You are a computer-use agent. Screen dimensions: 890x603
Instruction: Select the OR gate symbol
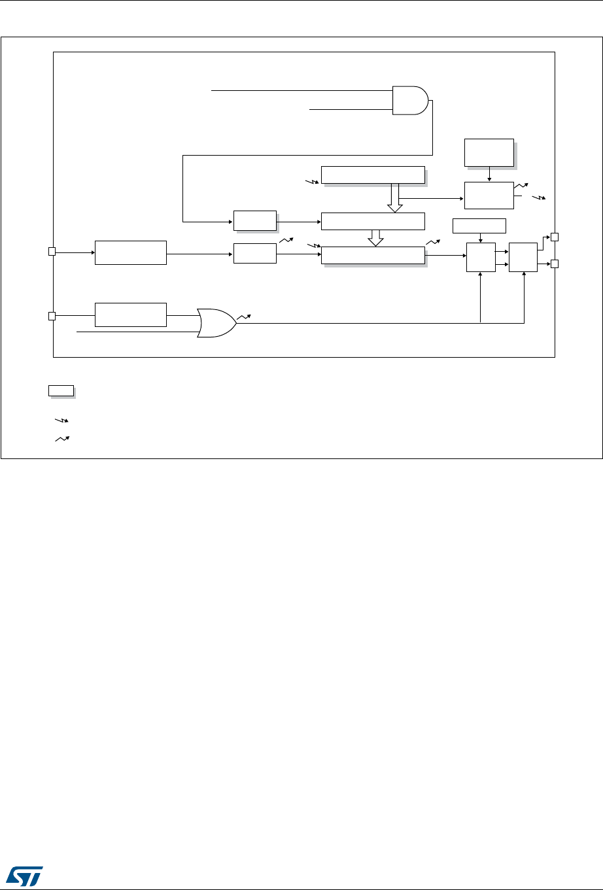pyautogui.click(x=216, y=322)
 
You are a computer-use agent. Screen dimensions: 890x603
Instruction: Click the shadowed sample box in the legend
pyautogui.click(x=60, y=391)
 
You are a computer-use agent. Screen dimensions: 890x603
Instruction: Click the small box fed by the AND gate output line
pyautogui.click(x=255, y=221)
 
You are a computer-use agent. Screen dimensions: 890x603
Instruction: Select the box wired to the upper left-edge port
pyautogui.click(x=131, y=252)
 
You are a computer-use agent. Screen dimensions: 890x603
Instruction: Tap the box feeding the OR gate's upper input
pyautogui.click(x=131, y=315)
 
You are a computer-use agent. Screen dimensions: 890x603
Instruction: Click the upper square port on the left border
pyautogui.click(x=52, y=251)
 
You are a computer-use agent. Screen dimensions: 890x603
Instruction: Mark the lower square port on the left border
pyautogui.click(x=52, y=316)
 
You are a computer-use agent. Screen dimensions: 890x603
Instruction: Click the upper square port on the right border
pyautogui.click(x=555, y=237)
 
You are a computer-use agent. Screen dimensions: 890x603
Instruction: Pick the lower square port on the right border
pyautogui.click(x=555, y=264)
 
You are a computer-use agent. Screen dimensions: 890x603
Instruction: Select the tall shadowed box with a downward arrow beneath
pyautogui.click(x=489, y=152)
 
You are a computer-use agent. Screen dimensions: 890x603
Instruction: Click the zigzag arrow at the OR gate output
pyautogui.click(x=243, y=317)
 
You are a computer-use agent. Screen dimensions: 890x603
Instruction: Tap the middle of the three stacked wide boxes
pyautogui.click(x=373, y=221)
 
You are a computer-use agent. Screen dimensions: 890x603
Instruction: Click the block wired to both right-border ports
pyautogui.click(x=523, y=257)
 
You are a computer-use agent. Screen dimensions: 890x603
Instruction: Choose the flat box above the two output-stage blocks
pyautogui.click(x=479, y=226)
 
